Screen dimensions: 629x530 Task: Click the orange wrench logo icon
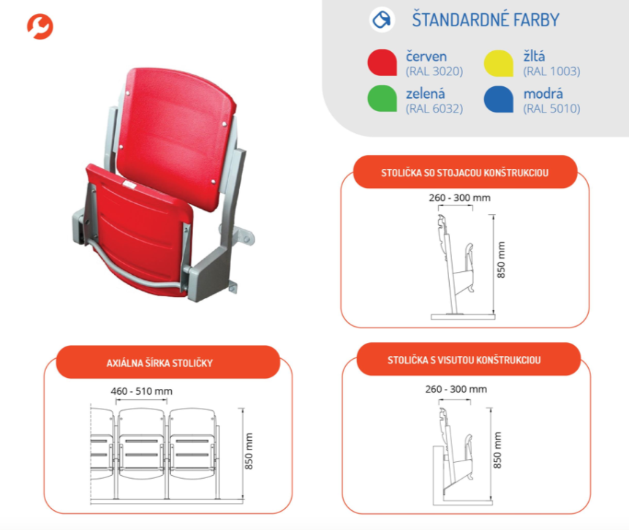click(40, 26)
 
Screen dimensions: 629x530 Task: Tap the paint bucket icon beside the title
click(382, 20)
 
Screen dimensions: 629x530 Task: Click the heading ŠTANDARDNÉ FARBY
click(486, 20)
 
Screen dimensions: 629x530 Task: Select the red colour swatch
click(383, 63)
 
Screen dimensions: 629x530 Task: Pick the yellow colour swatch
click(499, 63)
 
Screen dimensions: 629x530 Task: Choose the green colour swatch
click(383, 98)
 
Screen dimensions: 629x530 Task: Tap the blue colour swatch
click(499, 99)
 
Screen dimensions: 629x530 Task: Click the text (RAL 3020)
click(434, 72)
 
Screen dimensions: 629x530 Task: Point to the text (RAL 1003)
click(551, 72)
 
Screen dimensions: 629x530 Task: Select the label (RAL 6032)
click(434, 109)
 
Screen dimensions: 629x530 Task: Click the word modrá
click(543, 94)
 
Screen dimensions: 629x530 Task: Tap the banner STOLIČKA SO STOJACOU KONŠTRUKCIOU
click(465, 172)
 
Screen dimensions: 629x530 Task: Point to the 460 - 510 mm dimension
click(142, 391)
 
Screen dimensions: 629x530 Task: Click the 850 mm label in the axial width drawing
click(249, 451)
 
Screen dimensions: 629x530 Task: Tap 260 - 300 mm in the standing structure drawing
click(460, 197)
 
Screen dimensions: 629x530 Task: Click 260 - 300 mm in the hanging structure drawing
click(456, 390)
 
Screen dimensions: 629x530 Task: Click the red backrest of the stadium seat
click(176, 136)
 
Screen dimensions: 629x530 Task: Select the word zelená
click(426, 94)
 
